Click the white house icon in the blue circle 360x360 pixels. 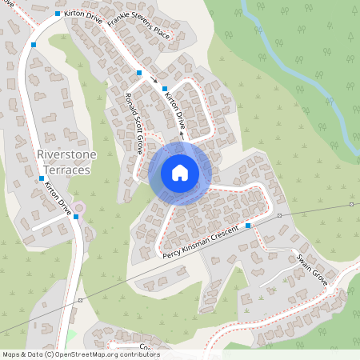[179, 173]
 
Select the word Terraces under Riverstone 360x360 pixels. [64, 170]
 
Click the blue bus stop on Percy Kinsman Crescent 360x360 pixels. [249, 226]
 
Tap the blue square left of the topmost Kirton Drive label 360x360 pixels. [58, 14]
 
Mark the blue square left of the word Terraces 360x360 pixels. [41, 178]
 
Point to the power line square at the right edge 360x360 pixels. [351, 205]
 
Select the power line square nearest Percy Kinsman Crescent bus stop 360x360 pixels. [279, 216]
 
